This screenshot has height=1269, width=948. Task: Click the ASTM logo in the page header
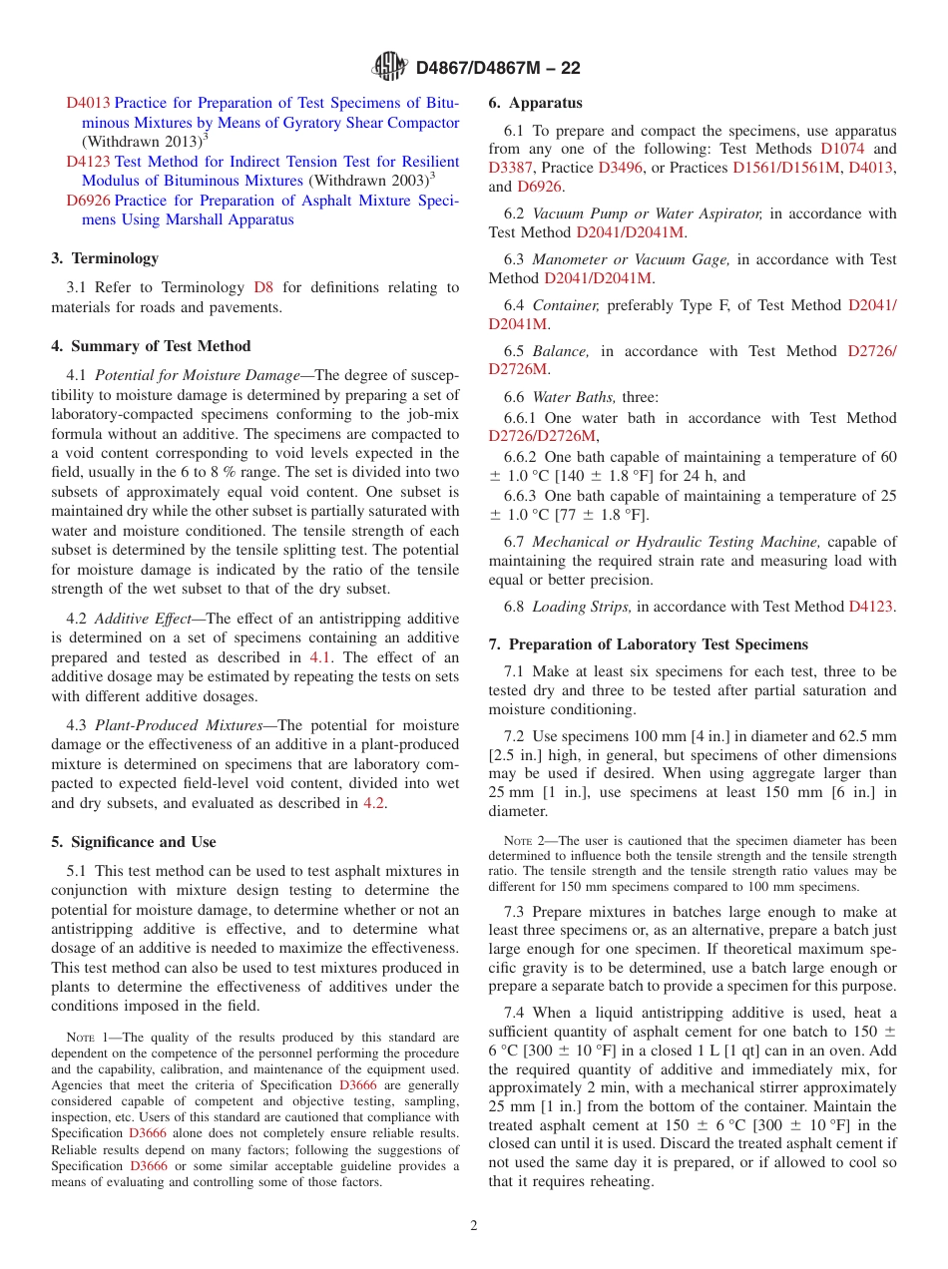[x=389, y=67]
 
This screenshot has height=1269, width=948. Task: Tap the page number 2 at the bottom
[x=474, y=1226]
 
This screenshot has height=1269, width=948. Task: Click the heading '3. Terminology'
[x=105, y=258]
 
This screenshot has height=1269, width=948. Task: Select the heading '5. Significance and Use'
[x=134, y=842]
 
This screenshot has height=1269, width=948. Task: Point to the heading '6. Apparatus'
[x=535, y=103]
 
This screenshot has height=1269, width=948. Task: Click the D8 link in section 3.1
[x=263, y=287]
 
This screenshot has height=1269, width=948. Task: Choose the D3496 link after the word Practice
[x=622, y=168]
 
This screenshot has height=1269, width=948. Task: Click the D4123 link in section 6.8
[x=870, y=607]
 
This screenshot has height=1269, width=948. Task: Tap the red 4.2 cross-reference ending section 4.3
[x=374, y=803]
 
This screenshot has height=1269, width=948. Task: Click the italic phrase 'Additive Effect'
[x=146, y=619]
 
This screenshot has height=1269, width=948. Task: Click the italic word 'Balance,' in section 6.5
[x=561, y=351]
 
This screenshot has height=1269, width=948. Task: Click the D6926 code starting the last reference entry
[x=88, y=201]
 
